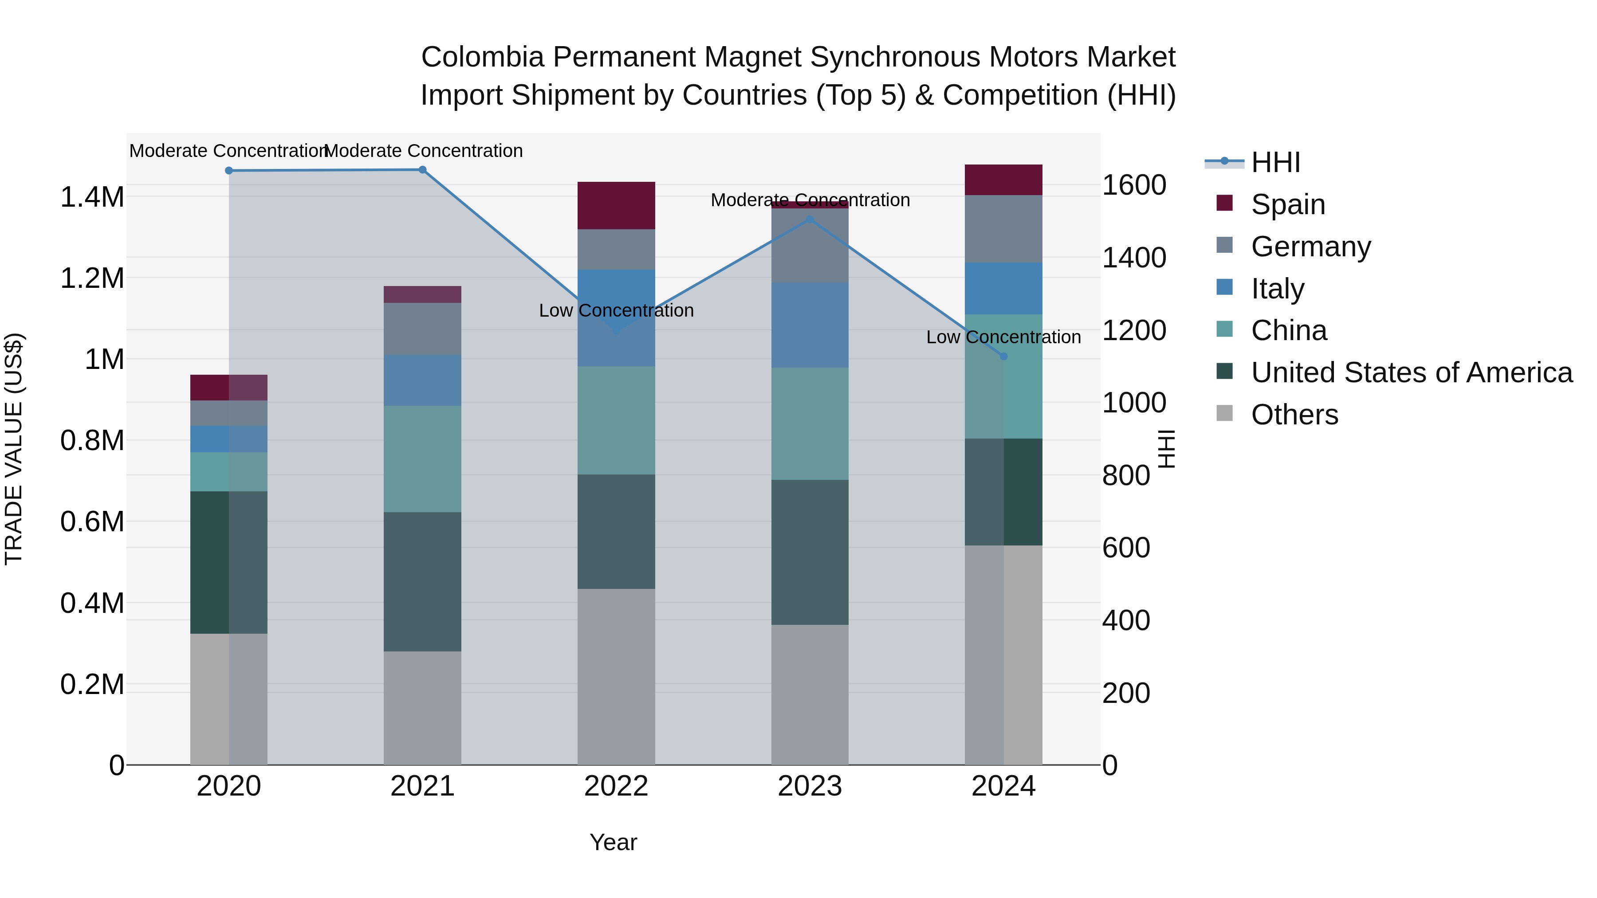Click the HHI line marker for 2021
(x=422, y=170)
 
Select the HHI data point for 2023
(x=810, y=220)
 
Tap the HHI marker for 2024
(x=1004, y=357)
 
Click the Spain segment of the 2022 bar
(x=616, y=206)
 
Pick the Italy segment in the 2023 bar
(x=810, y=325)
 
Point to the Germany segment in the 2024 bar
(x=1004, y=229)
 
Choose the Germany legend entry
(x=1310, y=247)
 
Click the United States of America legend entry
(x=1411, y=373)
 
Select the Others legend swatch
(x=1224, y=413)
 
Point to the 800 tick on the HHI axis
(x=1126, y=476)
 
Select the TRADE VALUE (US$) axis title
(x=14, y=449)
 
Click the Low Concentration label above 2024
(x=1003, y=337)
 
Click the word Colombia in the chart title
(x=482, y=58)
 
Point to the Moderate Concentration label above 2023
(x=810, y=200)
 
